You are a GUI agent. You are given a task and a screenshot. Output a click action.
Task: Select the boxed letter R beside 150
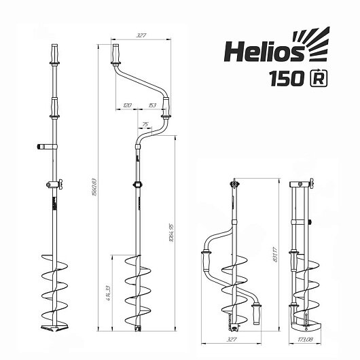click(x=317, y=79)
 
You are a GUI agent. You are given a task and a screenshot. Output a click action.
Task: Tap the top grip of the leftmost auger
click(x=53, y=53)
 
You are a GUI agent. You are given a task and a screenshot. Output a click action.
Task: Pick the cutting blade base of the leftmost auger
click(x=53, y=329)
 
